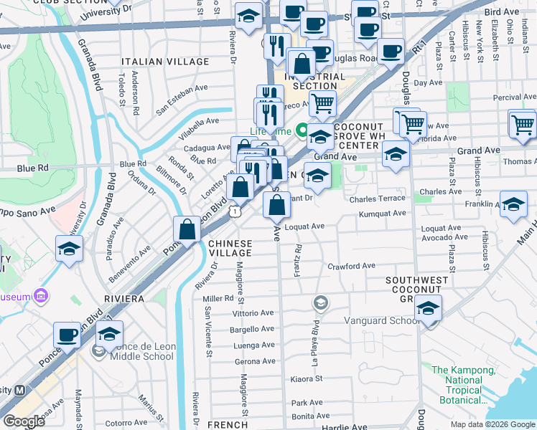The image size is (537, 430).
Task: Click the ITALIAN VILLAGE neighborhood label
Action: tap(165, 62)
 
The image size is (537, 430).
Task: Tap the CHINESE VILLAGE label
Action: tap(230, 248)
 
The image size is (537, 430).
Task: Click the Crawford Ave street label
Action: tap(352, 266)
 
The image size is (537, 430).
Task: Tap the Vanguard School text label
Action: tap(381, 320)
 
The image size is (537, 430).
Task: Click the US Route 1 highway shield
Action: tap(234, 211)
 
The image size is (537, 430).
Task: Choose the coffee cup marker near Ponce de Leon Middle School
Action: tap(68, 335)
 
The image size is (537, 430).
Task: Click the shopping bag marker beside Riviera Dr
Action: tap(187, 229)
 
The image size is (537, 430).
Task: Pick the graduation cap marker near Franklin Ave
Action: tap(513, 204)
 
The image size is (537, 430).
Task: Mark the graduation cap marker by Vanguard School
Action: tap(428, 307)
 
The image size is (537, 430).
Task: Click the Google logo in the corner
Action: tap(24, 421)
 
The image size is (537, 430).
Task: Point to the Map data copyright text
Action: tap(492, 424)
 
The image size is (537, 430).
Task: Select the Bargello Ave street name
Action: tap(252, 329)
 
